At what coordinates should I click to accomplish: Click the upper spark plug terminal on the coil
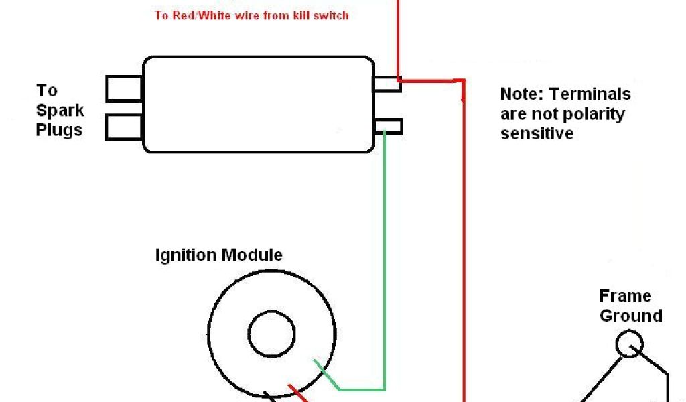[x=124, y=88]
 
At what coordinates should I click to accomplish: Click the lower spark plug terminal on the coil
[x=124, y=127]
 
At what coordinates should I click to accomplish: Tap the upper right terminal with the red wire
[x=387, y=84]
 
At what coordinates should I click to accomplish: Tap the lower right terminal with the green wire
[x=389, y=126]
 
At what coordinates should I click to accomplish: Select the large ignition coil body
[x=258, y=105]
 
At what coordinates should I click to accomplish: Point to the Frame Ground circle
[x=630, y=345]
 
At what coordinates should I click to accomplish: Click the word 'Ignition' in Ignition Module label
[x=186, y=255]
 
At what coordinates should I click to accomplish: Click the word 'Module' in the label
[x=251, y=255]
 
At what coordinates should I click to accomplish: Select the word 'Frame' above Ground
[x=625, y=296]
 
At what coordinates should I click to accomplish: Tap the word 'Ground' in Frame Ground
[x=630, y=316]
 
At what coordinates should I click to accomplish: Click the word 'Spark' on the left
[x=60, y=111]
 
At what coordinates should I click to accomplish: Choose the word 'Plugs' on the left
[x=60, y=130]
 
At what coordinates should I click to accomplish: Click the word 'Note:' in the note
[x=523, y=94]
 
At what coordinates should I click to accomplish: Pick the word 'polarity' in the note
[x=594, y=114]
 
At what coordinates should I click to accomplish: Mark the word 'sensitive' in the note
[x=537, y=133]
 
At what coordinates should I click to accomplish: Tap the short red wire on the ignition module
[x=295, y=391]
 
